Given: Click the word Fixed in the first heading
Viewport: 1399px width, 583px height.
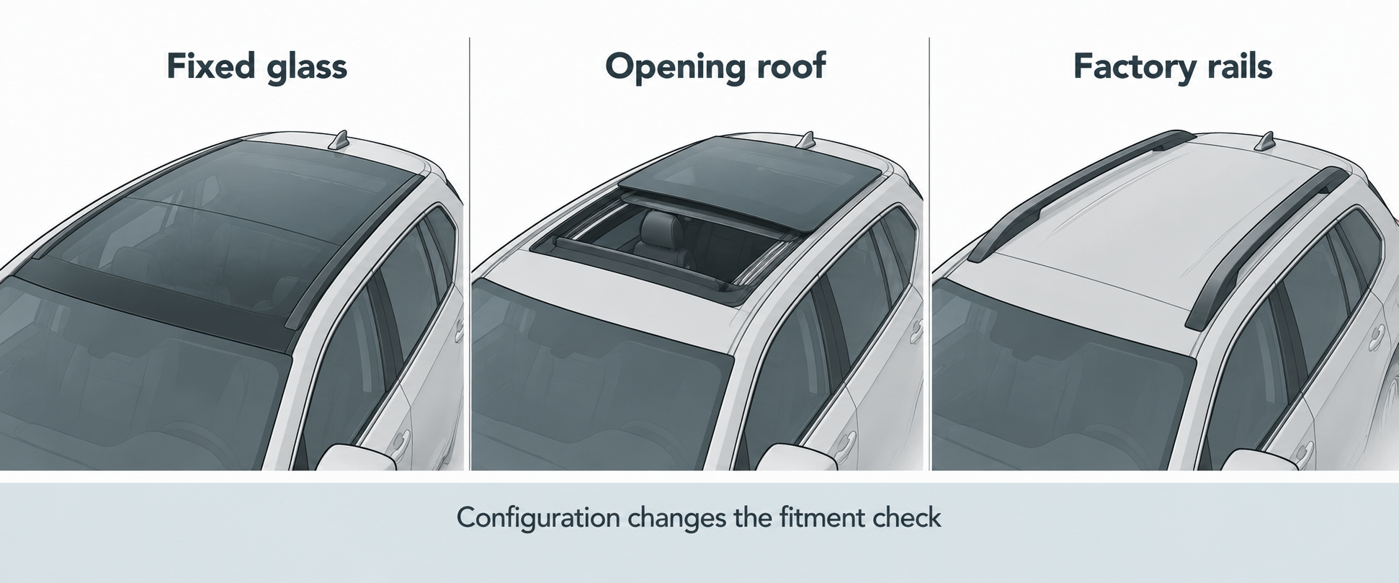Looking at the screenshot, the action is pos(210,66).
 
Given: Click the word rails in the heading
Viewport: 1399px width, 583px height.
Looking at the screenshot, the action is pos(1238,66).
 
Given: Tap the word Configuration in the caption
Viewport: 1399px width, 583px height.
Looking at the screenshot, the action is pos(538,518).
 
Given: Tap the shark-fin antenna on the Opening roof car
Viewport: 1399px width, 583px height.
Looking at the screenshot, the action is pos(807,141).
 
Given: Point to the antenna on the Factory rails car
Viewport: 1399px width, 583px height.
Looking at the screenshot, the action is pos(1266,142).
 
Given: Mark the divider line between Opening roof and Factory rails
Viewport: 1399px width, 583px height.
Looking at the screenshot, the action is pos(929,254).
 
